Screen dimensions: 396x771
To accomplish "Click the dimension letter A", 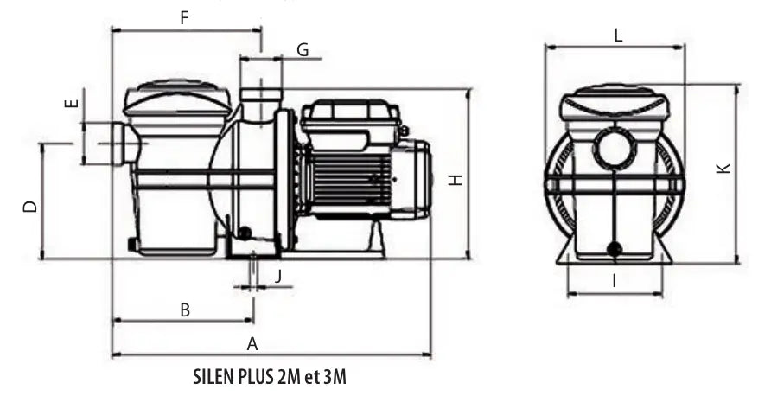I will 252,343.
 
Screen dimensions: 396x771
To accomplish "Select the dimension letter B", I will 184,309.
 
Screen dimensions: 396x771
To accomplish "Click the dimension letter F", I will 183,16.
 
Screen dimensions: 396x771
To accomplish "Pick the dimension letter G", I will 302,50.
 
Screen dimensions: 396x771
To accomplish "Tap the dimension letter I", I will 614,280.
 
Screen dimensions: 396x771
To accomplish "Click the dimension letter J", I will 278,276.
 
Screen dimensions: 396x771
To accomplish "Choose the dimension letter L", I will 617,35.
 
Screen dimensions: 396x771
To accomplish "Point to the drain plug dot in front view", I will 615,250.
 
